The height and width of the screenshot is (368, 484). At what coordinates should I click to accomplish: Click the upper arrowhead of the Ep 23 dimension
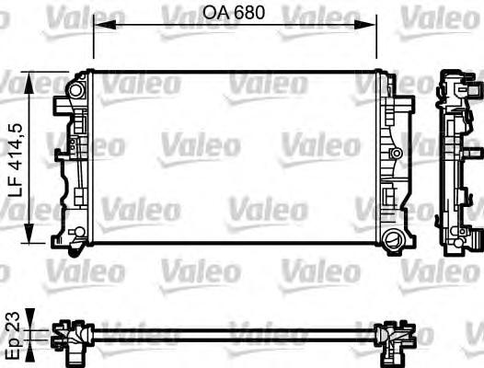pos(33,321)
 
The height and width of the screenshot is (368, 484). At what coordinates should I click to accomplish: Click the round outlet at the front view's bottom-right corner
pos(395,240)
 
